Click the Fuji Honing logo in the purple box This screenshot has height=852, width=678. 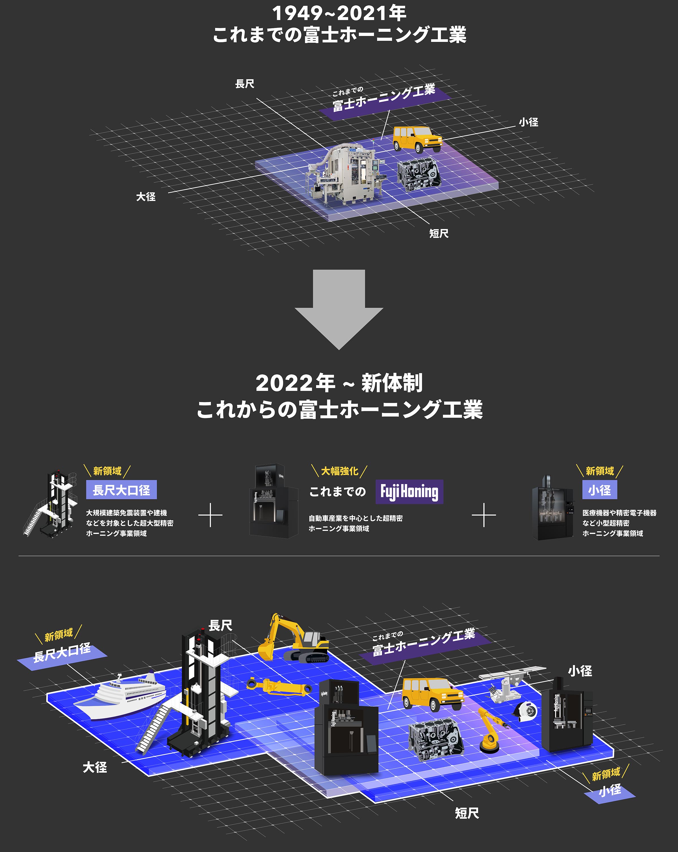coord(409,491)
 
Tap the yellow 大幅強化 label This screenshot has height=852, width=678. coord(340,471)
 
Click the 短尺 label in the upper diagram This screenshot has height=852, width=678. coord(439,234)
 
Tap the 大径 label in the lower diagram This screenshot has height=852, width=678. coord(95,767)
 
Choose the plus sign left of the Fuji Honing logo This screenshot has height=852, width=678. coord(210,515)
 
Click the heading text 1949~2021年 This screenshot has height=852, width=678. coord(339,14)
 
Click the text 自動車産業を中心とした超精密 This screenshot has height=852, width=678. coord(355,518)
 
